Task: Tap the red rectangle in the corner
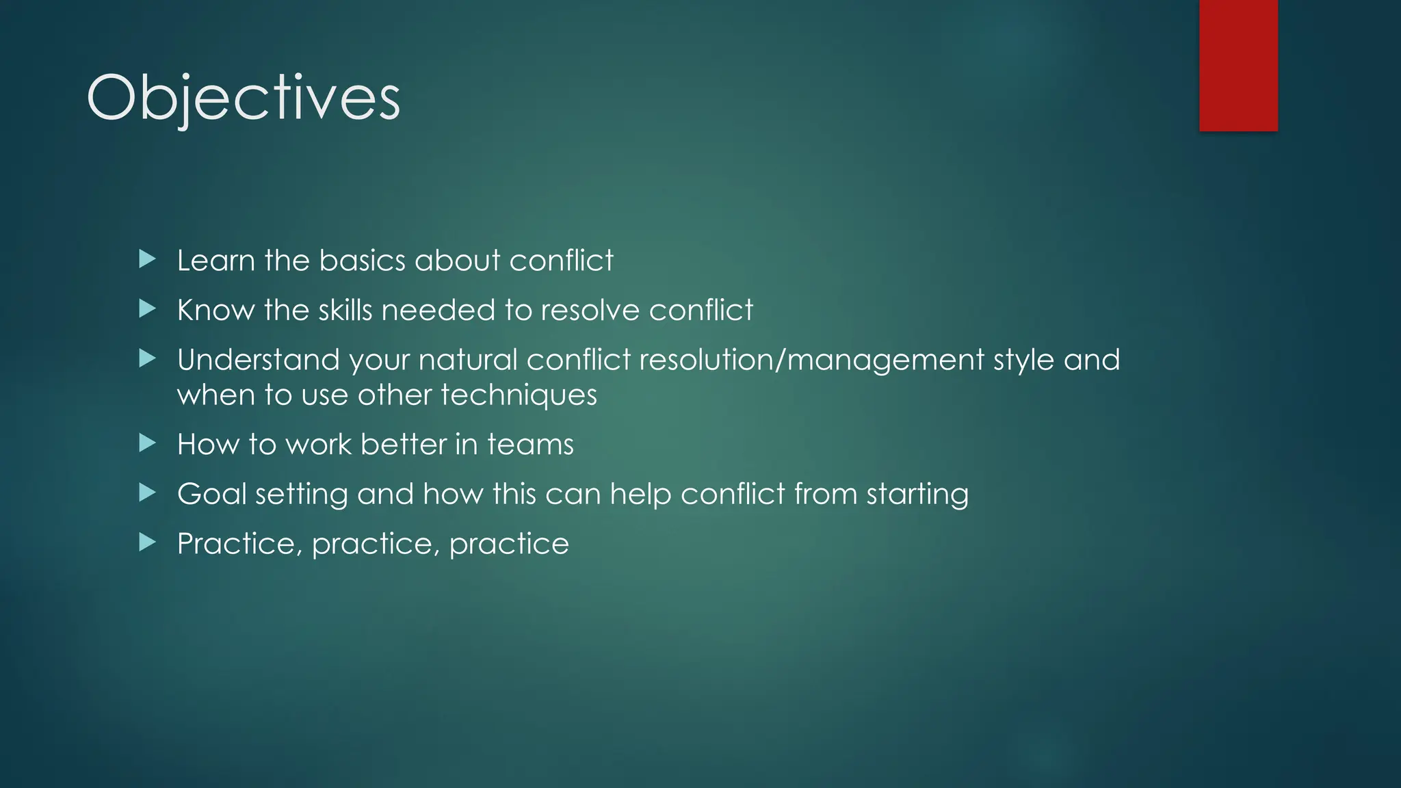(x=1238, y=65)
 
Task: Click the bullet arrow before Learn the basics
(x=147, y=259)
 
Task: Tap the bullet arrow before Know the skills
(x=147, y=309)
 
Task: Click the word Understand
(x=259, y=360)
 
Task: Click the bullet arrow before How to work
(x=147, y=443)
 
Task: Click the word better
(x=404, y=445)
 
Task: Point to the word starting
(x=917, y=495)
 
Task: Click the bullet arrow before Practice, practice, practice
(x=147, y=542)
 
